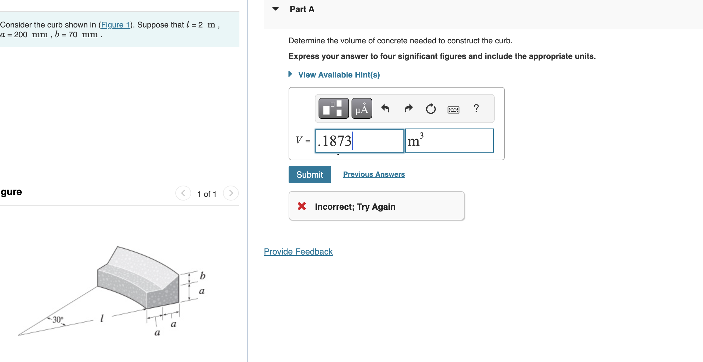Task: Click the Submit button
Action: pyautogui.click(x=309, y=175)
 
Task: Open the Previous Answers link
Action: pyautogui.click(x=374, y=174)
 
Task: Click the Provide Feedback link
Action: pyautogui.click(x=298, y=252)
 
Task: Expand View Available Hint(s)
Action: pyautogui.click(x=339, y=75)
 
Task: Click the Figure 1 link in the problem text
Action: pyautogui.click(x=115, y=25)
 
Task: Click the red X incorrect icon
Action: pyautogui.click(x=302, y=206)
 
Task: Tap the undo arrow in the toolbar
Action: pyautogui.click(x=385, y=108)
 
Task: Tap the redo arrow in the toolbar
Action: pyautogui.click(x=408, y=108)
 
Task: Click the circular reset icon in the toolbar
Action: pyautogui.click(x=431, y=109)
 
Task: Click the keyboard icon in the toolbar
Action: pyautogui.click(x=453, y=110)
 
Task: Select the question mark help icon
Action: pyautogui.click(x=476, y=108)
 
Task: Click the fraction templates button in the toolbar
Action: pyautogui.click(x=333, y=108)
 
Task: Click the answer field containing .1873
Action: pyautogui.click(x=359, y=141)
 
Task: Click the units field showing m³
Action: pyautogui.click(x=449, y=141)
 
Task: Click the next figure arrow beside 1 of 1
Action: pyautogui.click(x=231, y=193)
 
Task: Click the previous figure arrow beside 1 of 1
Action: pyautogui.click(x=183, y=193)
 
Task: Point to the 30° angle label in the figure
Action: pyautogui.click(x=58, y=320)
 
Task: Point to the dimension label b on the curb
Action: pyautogui.click(x=202, y=276)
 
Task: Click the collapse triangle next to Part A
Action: pyautogui.click(x=275, y=9)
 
